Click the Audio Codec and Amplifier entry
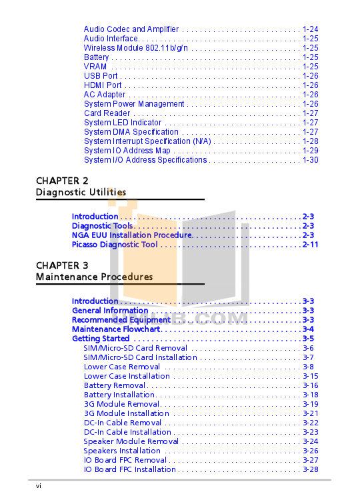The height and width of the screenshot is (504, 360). [x=131, y=29]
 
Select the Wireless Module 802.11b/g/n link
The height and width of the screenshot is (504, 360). [x=136, y=48]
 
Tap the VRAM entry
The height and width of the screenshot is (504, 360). [x=95, y=67]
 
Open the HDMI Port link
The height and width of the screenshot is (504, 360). [x=103, y=85]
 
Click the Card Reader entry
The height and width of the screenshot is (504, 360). [x=107, y=113]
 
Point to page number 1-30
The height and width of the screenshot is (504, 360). [x=311, y=160]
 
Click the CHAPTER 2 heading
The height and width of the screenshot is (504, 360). [x=62, y=181]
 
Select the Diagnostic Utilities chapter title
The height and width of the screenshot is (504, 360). [x=81, y=192]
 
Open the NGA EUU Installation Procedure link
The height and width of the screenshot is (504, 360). [x=132, y=235]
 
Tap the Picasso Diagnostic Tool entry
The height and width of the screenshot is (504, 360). [x=115, y=244]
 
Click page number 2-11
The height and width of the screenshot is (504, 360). [x=311, y=244]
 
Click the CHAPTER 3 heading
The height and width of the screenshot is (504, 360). [x=62, y=265]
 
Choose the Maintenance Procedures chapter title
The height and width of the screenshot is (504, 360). [x=95, y=277]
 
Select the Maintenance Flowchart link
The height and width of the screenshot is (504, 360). [x=117, y=329]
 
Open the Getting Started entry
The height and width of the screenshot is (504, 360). [x=101, y=339]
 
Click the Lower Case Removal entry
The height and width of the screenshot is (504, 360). [x=122, y=367]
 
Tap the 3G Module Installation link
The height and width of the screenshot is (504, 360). [x=126, y=413]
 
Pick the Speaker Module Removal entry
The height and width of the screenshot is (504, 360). [x=131, y=441]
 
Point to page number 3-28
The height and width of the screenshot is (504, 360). [x=311, y=469]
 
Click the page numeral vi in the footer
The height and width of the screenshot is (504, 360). [x=39, y=486]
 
